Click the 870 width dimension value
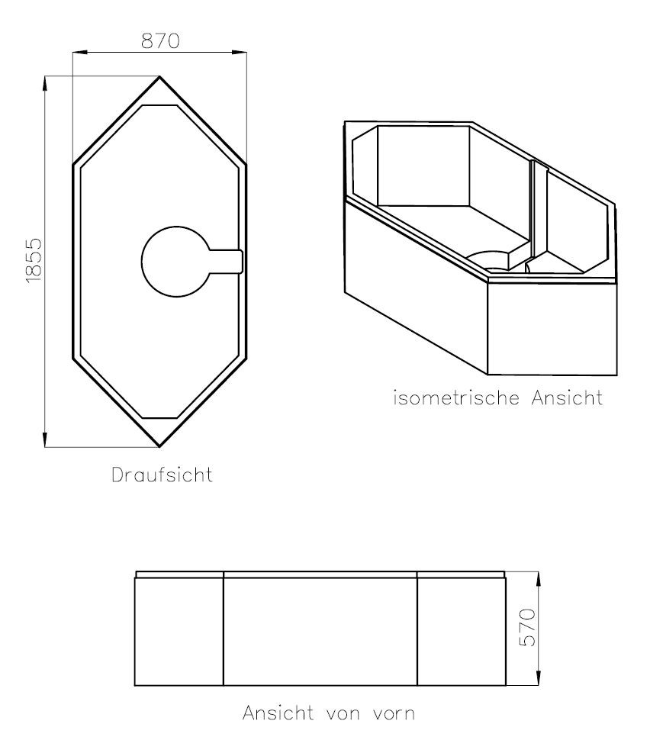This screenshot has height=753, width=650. click(160, 41)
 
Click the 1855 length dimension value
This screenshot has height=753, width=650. click(34, 261)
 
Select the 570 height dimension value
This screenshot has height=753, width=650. click(528, 627)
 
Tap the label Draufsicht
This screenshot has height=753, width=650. click(162, 475)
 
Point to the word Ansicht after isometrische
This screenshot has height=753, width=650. click(567, 397)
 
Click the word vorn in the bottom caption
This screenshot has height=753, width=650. click(394, 713)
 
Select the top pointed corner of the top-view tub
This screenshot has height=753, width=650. click(159, 76)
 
